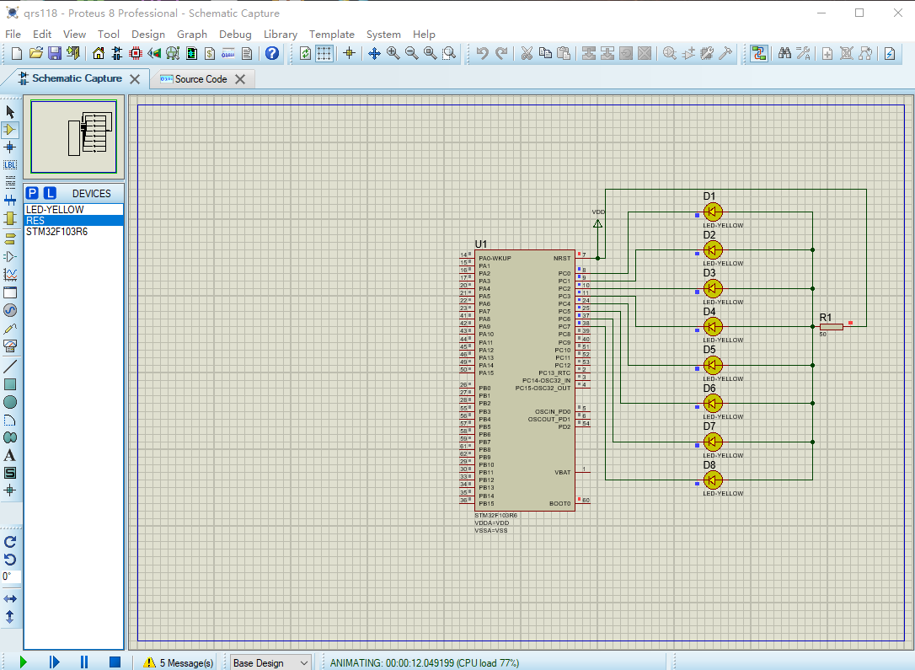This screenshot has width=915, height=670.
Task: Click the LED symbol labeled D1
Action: pyautogui.click(x=713, y=212)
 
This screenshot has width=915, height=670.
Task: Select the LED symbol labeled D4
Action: pyautogui.click(x=713, y=326)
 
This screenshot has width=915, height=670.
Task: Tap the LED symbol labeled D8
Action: pyautogui.click(x=713, y=480)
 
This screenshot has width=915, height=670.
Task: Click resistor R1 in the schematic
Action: pyautogui.click(x=831, y=326)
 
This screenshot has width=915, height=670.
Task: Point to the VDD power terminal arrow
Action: pyautogui.click(x=598, y=224)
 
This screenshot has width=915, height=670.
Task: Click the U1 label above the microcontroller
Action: pyautogui.click(x=481, y=244)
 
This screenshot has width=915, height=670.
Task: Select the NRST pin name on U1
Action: pyautogui.click(x=562, y=258)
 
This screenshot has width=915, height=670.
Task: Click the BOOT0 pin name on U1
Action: pyautogui.click(x=559, y=504)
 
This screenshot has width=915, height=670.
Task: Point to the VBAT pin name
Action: pyautogui.click(x=562, y=473)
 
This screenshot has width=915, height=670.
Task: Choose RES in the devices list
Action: pyautogui.click(x=35, y=221)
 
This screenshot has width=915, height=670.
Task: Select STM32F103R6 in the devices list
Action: pyautogui.click(x=56, y=232)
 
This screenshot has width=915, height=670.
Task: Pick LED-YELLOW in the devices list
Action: pyautogui.click(x=55, y=209)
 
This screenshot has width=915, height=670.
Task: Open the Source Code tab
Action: pyautogui.click(x=201, y=79)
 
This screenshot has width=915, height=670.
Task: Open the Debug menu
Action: pyautogui.click(x=235, y=35)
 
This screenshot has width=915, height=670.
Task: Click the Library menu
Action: pyautogui.click(x=280, y=35)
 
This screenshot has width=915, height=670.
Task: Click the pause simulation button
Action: pyautogui.click(x=84, y=662)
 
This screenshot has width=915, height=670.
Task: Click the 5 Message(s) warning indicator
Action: pyautogui.click(x=179, y=663)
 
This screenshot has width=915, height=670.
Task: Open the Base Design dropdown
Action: pyautogui.click(x=270, y=663)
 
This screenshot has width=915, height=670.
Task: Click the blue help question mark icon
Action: pyautogui.click(x=272, y=53)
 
